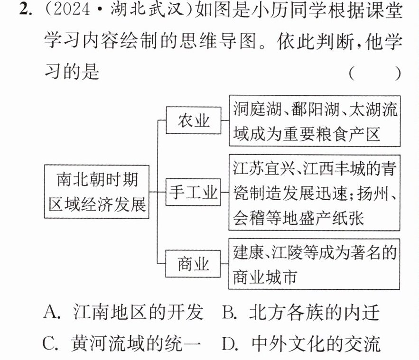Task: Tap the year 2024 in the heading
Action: click(72, 10)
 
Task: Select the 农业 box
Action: click(194, 120)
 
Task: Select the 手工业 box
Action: click(193, 192)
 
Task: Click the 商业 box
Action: click(193, 264)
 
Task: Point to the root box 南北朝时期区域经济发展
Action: click(96, 192)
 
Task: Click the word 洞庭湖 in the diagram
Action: click(257, 109)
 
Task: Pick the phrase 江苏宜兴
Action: click(264, 168)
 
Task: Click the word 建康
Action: click(249, 252)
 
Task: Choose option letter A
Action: click(51, 312)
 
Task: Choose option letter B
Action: click(229, 312)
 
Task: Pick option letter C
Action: click(50, 343)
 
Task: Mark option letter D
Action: click(230, 343)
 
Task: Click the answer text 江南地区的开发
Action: click(138, 312)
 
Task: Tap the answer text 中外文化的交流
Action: click(316, 343)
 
